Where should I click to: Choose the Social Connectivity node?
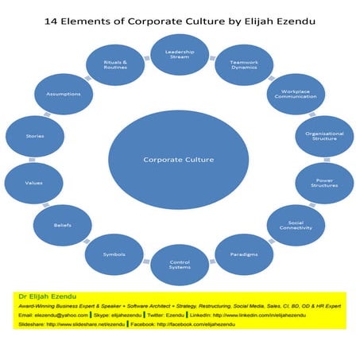pos(295,225)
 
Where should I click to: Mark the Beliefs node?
pos(63,226)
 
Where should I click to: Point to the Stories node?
pos(33,137)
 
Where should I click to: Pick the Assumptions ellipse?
pos(63,95)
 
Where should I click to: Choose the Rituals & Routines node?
pos(116,64)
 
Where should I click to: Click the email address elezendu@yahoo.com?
pos(64,315)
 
